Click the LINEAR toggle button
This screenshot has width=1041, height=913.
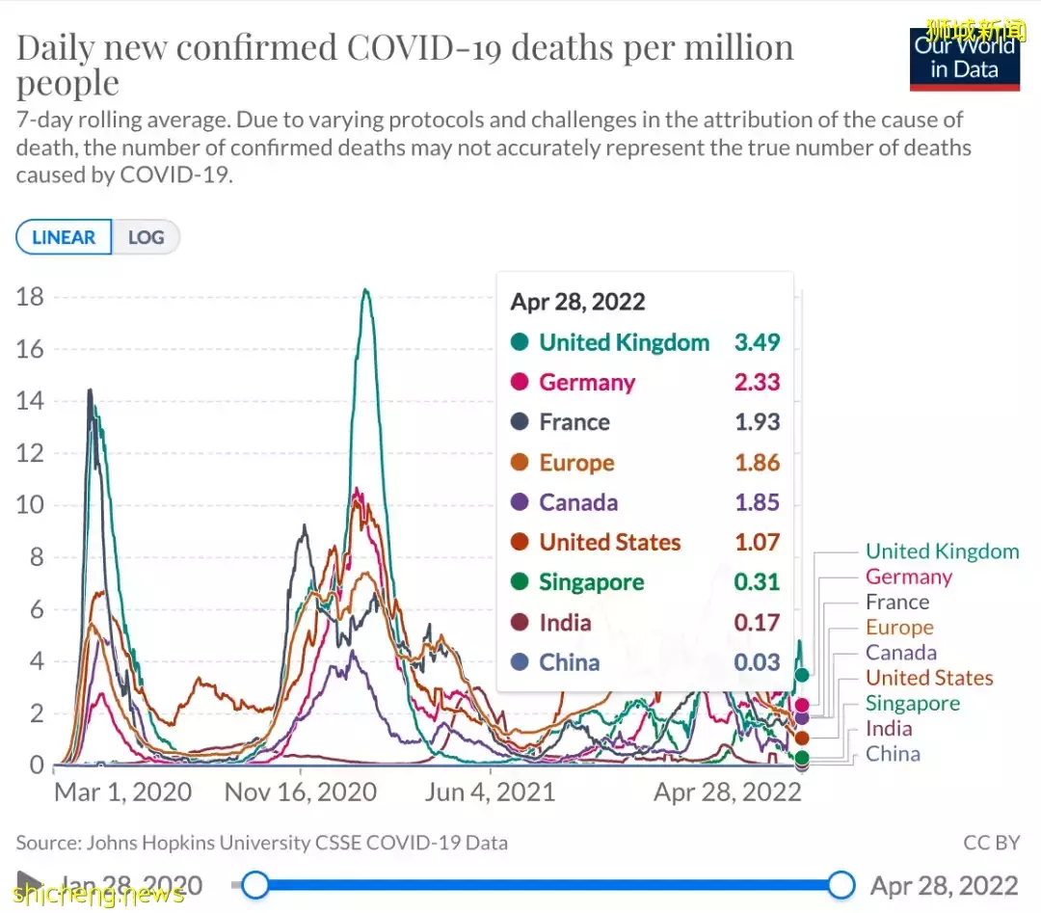(x=64, y=237)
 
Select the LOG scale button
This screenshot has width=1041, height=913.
(x=146, y=237)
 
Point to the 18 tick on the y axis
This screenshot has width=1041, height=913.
(x=30, y=297)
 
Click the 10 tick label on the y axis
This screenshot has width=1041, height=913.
(x=30, y=505)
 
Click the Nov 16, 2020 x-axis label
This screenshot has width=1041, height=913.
(x=300, y=792)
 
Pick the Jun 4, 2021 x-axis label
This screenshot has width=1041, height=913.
(x=491, y=792)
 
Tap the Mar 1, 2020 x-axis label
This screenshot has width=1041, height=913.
(x=122, y=792)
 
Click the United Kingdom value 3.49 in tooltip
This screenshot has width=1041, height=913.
(x=758, y=342)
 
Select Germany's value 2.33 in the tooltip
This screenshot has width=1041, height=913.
(x=758, y=383)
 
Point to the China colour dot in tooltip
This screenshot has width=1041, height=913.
(x=520, y=662)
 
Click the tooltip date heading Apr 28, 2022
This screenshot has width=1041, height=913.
(x=577, y=302)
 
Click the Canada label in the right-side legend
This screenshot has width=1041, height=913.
(x=900, y=653)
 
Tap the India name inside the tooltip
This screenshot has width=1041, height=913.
(x=565, y=623)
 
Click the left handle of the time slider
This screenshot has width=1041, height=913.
(x=255, y=884)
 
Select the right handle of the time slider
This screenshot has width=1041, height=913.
(x=841, y=884)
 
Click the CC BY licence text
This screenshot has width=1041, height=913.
(x=991, y=843)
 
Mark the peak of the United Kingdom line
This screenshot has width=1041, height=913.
(x=365, y=289)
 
